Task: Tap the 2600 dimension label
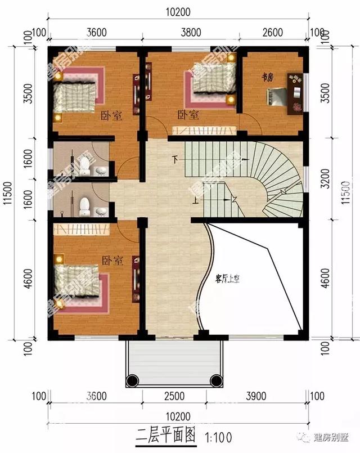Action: [272, 32]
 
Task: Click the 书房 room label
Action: [267, 77]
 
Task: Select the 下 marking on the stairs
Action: [177, 160]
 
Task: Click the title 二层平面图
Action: [167, 435]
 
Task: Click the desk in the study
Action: [295, 93]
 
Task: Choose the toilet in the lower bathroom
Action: [85, 206]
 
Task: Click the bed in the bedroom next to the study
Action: [214, 79]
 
